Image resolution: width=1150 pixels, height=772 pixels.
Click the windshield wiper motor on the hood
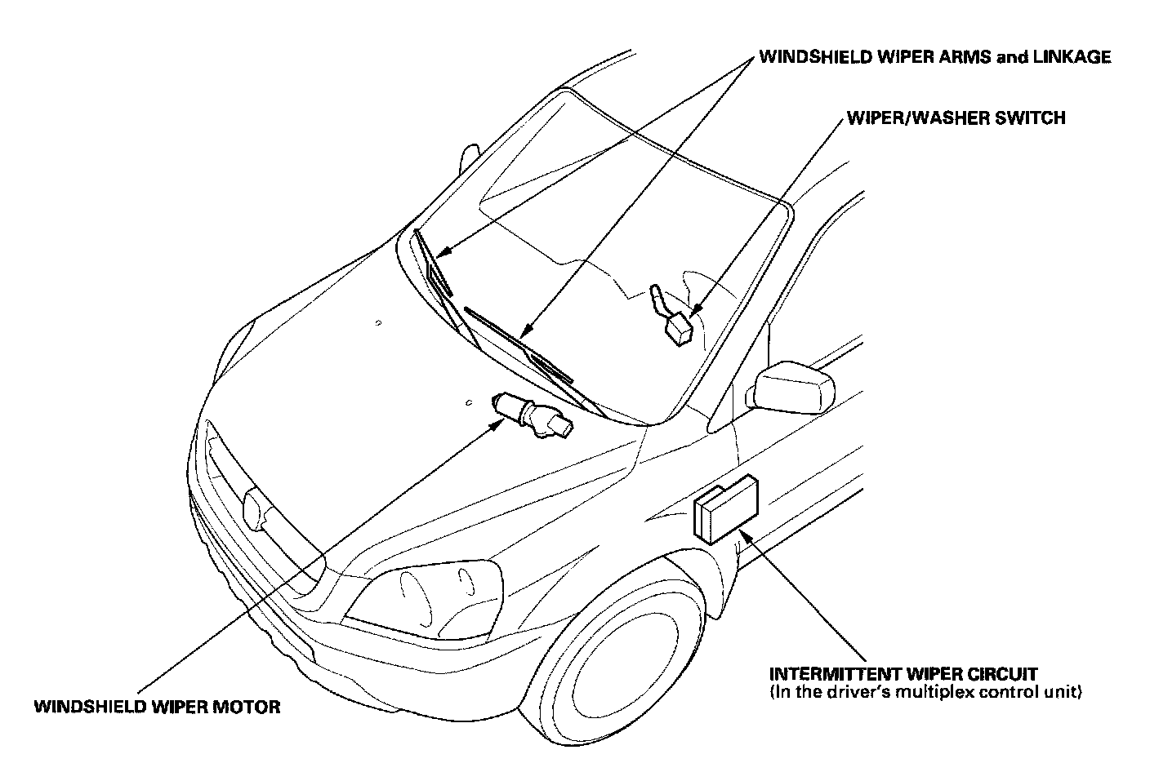pos(531,415)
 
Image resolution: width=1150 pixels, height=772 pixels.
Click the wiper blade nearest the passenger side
pos(434,265)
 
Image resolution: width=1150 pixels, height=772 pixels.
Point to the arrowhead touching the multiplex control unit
pos(744,539)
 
